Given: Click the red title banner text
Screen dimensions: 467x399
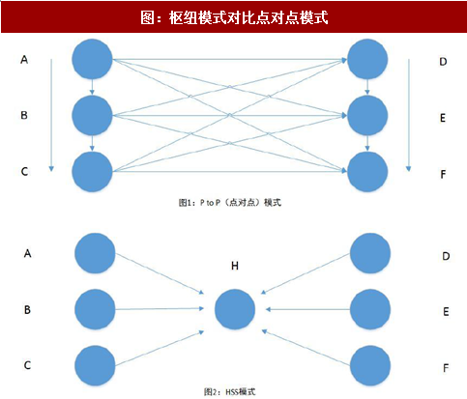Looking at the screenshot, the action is (234, 17).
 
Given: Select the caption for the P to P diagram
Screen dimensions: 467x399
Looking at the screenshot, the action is (230, 203).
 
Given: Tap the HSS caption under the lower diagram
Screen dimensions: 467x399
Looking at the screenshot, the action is (230, 391).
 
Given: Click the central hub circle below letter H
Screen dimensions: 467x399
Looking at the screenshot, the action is (235, 309).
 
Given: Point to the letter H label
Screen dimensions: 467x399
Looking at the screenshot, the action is (235, 266).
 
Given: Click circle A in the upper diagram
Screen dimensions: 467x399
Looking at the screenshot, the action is (92, 59).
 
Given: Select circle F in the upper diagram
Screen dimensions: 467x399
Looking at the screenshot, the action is (367, 172).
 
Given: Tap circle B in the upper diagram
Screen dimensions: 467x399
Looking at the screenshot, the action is (92, 115).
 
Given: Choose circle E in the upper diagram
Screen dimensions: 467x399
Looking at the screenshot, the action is (367, 115).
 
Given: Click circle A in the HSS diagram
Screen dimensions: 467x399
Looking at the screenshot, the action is (95, 253).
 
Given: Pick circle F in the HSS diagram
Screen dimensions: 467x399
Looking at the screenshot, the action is (370, 366).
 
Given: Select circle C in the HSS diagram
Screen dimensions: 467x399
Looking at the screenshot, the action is (95, 366).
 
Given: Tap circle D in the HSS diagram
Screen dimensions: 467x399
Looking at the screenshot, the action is (370, 253).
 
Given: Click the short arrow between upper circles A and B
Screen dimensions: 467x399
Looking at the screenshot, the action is (92, 87).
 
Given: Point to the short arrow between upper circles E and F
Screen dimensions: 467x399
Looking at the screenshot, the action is (367, 143).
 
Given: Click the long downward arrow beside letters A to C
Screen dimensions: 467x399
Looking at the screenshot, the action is (51, 115).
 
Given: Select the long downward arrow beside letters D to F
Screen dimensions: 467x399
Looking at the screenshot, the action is (408, 115).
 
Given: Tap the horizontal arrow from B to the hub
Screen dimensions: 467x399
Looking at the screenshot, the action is (160, 309).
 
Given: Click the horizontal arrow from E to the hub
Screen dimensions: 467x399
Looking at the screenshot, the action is (307, 309).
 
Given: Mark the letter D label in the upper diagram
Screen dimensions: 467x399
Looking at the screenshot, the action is (443, 62).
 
